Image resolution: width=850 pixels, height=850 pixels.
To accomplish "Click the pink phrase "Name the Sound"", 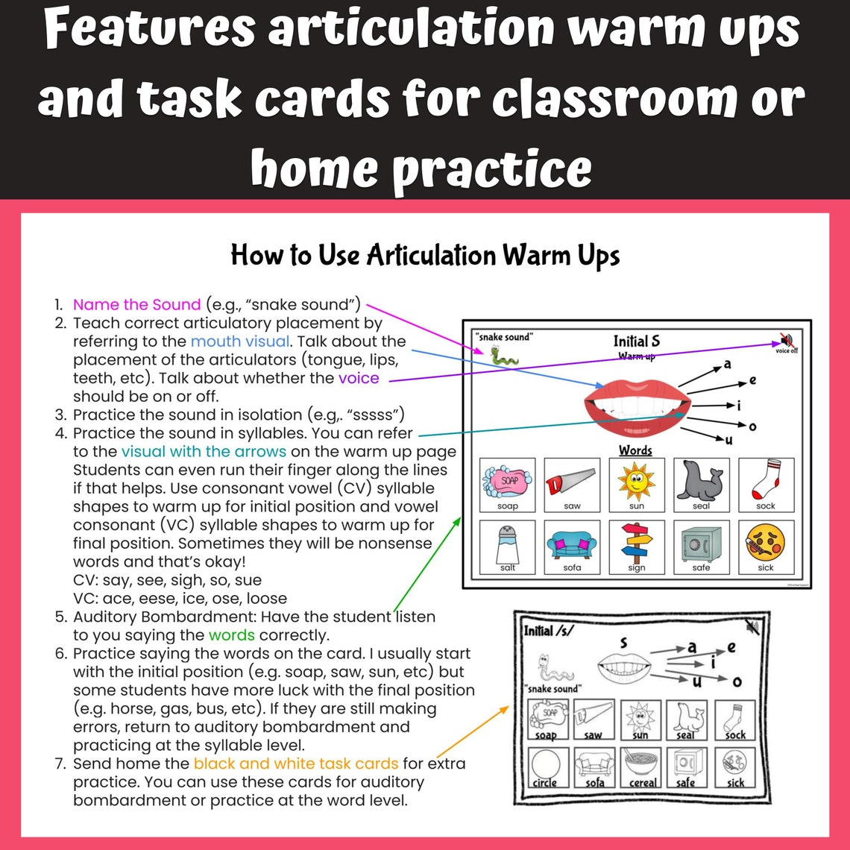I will (136, 304).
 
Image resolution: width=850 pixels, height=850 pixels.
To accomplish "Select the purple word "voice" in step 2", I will (359, 378).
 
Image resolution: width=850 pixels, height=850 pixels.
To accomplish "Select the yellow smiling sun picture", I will (635, 481).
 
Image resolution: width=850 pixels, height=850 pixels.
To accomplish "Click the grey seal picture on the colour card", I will (700, 481).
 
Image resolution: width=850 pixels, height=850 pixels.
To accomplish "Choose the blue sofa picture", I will (571, 543).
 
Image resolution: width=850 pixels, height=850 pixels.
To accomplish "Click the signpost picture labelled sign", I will (635, 543).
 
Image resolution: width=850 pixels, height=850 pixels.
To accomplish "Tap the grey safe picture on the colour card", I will (700, 543).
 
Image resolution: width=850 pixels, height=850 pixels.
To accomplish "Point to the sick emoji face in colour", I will (765, 543).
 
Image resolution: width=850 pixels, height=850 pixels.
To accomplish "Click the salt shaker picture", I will (506, 543).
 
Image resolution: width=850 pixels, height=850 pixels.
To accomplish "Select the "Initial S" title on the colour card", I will (636, 341).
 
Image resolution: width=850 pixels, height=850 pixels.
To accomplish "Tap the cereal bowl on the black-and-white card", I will (642, 762).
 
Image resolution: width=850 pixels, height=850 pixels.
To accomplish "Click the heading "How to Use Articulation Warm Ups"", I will (425, 256).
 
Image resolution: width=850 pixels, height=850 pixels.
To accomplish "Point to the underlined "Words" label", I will (635, 450).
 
